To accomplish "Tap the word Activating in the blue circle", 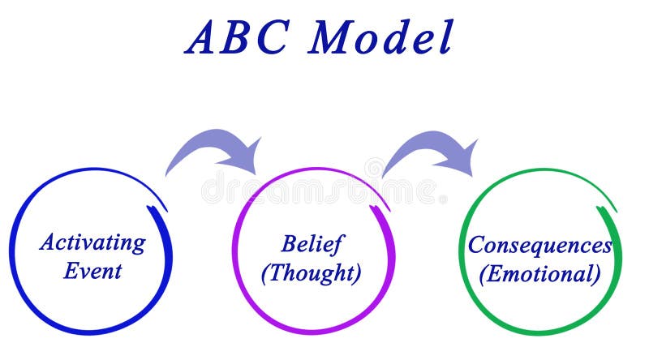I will pyautogui.click(x=92, y=242).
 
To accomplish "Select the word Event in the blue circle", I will pyautogui.click(x=92, y=270).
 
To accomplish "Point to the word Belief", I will pyautogui.click(x=312, y=243).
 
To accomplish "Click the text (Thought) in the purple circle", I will pyautogui.click(x=311, y=272).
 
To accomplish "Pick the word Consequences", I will pyautogui.click(x=539, y=244).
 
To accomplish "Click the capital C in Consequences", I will pyautogui.click(x=476, y=244).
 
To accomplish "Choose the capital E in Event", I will pyautogui.click(x=71, y=270).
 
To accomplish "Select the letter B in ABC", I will pyautogui.click(x=238, y=37).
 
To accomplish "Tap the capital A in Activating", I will pyautogui.click(x=47, y=242).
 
